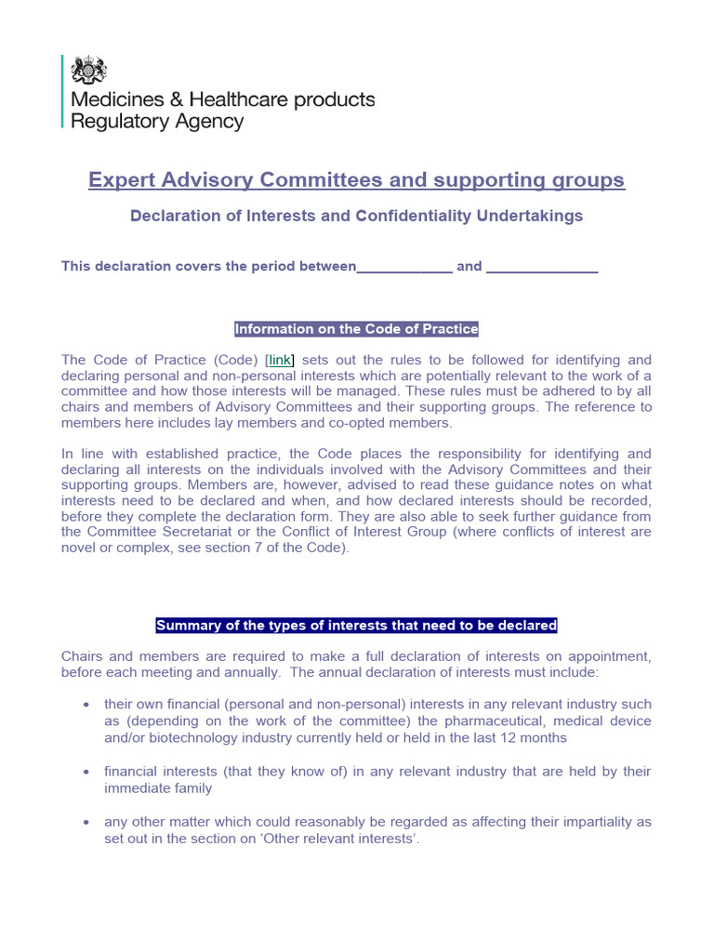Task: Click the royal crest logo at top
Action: [89, 71]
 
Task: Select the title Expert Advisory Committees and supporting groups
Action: [357, 179]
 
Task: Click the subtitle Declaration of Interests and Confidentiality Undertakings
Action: [357, 216]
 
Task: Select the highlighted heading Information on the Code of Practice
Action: [357, 329]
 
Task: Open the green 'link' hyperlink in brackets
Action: [281, 360]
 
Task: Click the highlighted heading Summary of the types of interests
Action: [357, 626]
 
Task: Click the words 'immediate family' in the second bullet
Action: [158, 788]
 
